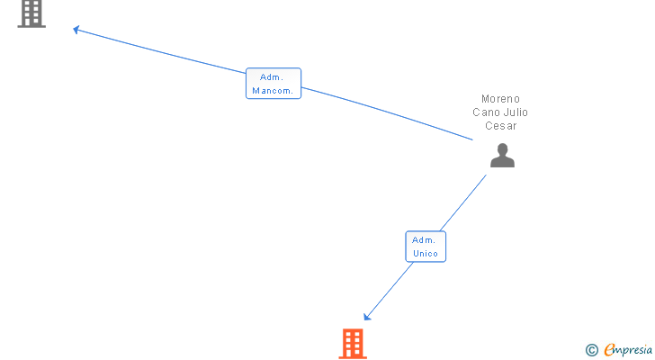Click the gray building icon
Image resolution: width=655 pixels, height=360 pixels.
[31, 13]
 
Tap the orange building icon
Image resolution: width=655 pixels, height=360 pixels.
[353, 344]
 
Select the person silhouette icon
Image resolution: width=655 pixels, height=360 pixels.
[502, 157]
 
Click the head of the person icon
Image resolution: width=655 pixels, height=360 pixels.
[502, 149]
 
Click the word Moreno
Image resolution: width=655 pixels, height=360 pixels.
[500, 99]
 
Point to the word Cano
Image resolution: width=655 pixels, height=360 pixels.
[486, 112]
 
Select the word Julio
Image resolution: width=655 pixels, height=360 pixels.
[516, 112]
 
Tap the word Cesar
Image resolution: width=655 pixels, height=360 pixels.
[500, 126]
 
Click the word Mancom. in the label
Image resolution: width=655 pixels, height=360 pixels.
[274, 91]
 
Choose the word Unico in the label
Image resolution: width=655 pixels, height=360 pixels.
[426, 254]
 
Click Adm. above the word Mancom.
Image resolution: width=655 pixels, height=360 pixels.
[274, 77]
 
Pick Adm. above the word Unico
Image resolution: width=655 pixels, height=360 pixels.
[425, 240]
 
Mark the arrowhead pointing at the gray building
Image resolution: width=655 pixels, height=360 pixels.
[76, 30]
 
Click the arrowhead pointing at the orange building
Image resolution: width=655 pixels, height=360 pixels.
[367, 316]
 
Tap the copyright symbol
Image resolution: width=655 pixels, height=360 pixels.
[591, 350]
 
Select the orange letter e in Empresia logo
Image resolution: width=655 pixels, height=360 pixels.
[609, 350]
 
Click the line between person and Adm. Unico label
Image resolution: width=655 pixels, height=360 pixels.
[464, 202]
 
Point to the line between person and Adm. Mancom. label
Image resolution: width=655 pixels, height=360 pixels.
[387, 113]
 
